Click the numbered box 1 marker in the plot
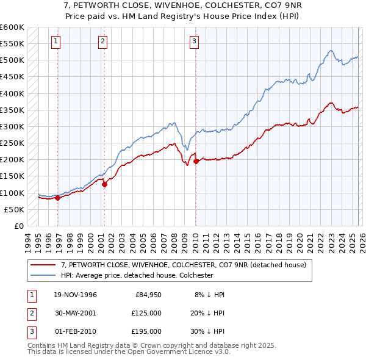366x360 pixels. (56, 41)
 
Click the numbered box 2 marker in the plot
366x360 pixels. (102, 41)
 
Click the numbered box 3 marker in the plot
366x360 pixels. (193, 41)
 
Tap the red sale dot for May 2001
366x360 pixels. (104, 184)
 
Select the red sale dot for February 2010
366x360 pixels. (195, 161)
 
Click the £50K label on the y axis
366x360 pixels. (14, 209)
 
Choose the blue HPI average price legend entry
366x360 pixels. (137, 275)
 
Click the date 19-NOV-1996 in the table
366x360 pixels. (76, 295)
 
